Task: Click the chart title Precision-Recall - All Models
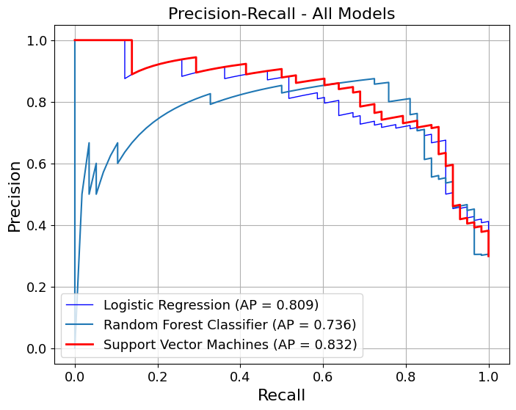pyautogui.click(x=282, y=13)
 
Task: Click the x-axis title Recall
pyautogui.click(x=281, y=395)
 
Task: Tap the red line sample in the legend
pyautogui.click(x=81, y=345)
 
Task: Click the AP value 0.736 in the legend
pyautogui.click(x=332, y=325)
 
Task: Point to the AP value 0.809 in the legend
pyautogui.click(x=294, y=304)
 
